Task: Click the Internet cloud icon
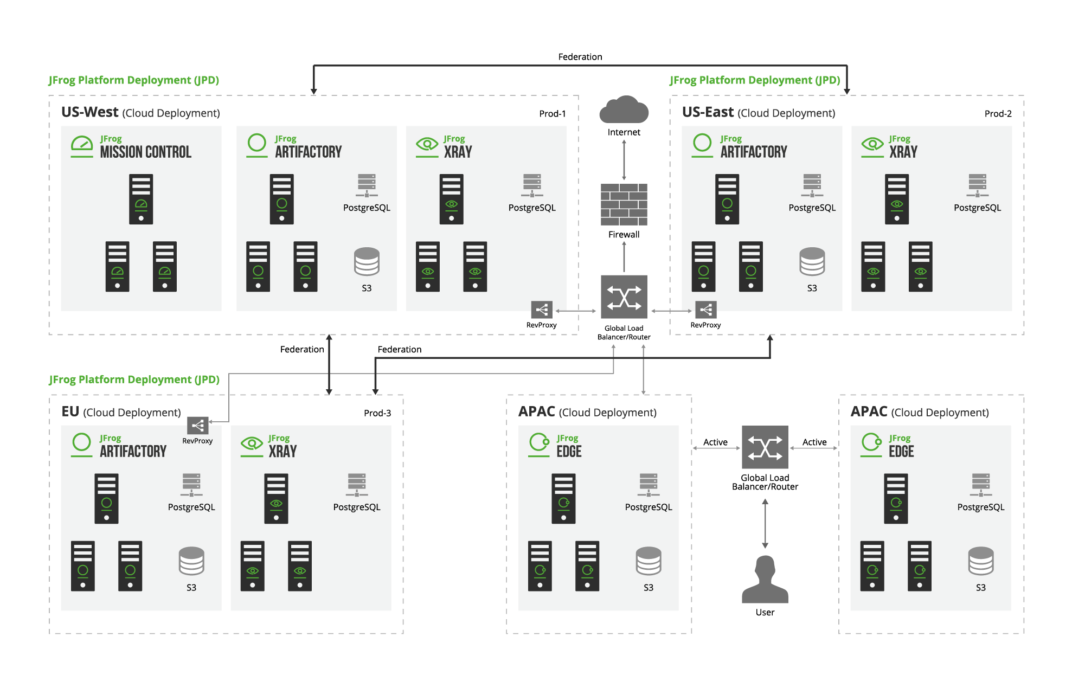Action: pos(624,110)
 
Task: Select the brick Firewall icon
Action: pos(624,204)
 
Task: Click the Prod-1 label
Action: pos(552,114)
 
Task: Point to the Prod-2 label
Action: pos(998,114)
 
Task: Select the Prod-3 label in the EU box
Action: pos(377,413)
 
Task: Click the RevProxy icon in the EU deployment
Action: pos(197,426)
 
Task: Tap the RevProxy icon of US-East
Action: pos(705,310)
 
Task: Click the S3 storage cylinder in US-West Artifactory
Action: pos(367,262)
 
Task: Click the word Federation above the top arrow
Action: pos(580,57)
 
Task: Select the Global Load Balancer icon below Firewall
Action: pos(624,297)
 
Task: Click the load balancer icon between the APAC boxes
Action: pos(765,447)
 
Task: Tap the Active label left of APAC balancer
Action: pos(715,442)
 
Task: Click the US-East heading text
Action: pos(707,112)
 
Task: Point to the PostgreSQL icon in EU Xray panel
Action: pos(357,485)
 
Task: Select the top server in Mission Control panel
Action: pos(141,199)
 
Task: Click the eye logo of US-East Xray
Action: pos(872,144)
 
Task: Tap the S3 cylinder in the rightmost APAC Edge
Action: pos(980,561)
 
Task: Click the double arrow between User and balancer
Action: pos(765,524)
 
